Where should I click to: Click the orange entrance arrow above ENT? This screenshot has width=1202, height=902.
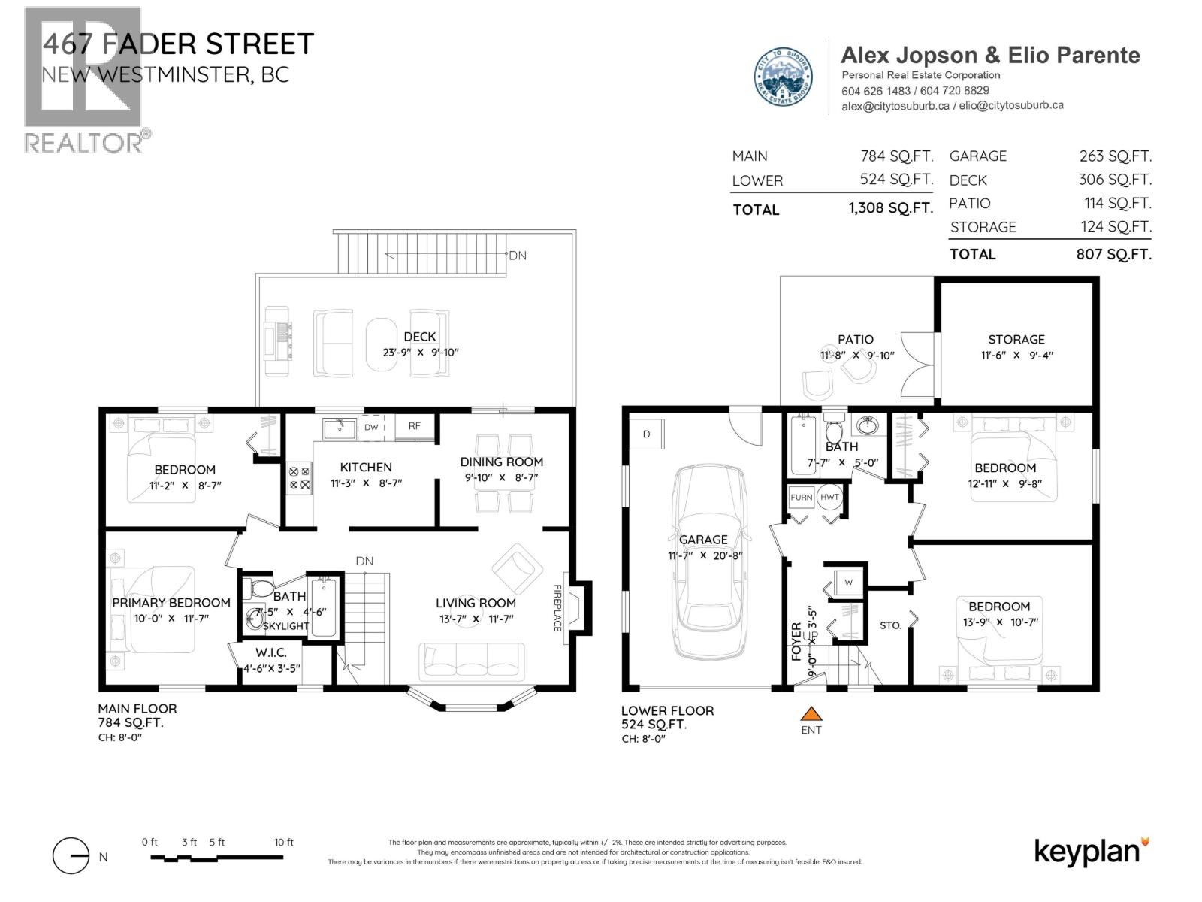(x=811, y=713)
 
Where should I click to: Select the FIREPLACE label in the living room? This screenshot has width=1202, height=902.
(x=557, y=607)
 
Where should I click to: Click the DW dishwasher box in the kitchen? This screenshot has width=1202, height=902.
(x=371, y=427)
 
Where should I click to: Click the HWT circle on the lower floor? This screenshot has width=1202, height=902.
(x=829, y=498)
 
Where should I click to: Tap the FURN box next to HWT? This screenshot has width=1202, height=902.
(x=801, y=498)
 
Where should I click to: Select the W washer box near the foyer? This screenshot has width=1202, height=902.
(x=848, y=583)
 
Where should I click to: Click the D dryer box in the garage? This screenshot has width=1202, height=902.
(x=646, y=434)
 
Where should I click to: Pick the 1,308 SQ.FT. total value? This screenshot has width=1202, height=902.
(x=890, y=208)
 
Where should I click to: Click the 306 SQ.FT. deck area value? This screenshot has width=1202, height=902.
(x=1114, y=180)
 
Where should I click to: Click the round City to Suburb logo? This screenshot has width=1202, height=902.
(x=783, y=77)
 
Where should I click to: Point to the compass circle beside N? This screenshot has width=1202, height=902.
(x=71, y=856)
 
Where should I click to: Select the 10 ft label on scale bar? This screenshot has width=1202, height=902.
(x=284, y=843)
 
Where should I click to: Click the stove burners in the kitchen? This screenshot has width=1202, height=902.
(x=300, y=478)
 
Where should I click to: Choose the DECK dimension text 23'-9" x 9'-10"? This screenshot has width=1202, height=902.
(x=420, y=353)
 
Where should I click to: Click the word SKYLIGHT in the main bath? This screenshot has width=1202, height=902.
(x=285, y=626)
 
